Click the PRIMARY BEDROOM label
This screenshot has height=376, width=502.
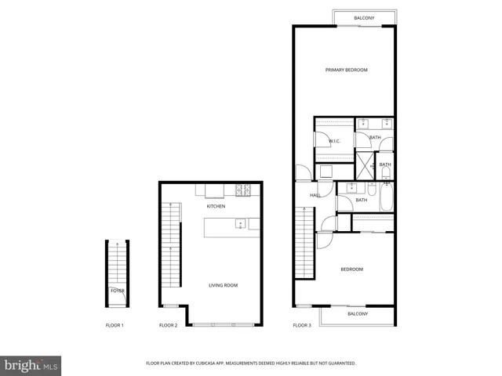(346, 70)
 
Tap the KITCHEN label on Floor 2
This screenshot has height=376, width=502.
(216, 206)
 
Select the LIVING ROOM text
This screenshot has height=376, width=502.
(223, 285)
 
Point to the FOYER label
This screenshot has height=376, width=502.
(117, 291)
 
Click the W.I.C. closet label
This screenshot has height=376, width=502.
(334, 141)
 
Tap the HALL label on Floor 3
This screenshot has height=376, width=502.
(315, 195)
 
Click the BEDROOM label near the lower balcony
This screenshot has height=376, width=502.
(351, 269)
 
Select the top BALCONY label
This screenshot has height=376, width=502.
(363, 17)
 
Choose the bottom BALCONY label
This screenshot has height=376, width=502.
(358, 313)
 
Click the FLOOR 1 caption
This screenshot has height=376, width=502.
(115, 325)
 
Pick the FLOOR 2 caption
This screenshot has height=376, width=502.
(168, 325)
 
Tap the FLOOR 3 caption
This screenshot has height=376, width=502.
(302, 325)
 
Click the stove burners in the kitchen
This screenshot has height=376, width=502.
(243, 189)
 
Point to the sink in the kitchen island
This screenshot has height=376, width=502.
(242, 225)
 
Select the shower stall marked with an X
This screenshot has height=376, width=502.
(366, 166)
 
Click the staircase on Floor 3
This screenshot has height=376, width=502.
(304, 243)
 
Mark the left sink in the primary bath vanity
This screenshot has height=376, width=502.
(364, 123)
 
